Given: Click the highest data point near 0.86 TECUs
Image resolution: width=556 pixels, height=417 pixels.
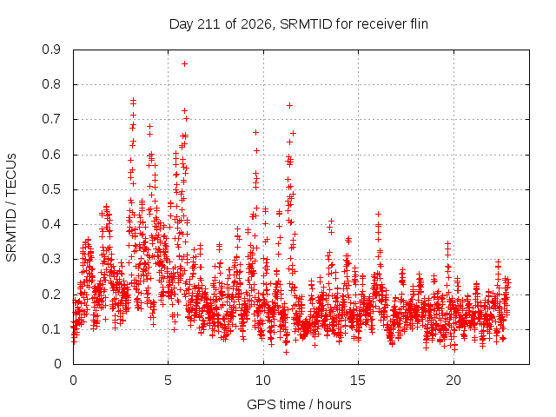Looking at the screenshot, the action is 184,63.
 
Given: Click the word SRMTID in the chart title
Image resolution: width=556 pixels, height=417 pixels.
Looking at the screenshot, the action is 306,24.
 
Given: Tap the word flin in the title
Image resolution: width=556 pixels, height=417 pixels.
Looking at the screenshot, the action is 418,24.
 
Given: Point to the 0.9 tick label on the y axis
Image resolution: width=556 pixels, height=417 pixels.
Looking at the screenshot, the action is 51,50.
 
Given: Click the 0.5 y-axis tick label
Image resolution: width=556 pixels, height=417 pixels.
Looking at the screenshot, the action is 51,189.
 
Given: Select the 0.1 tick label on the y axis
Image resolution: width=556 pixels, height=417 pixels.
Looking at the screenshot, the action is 51,329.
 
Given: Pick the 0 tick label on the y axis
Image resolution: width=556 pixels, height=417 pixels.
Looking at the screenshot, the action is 57,364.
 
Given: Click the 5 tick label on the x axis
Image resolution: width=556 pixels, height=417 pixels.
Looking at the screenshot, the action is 168,381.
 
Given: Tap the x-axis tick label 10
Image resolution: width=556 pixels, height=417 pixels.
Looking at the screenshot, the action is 262,381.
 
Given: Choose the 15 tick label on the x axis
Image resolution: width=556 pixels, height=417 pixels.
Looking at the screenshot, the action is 358,381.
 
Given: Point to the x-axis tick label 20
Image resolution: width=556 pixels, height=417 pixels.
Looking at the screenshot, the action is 453,381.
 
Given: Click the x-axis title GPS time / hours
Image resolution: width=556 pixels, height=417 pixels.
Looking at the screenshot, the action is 299,405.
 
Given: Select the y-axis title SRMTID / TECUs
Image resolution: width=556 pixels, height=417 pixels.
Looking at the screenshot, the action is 11,208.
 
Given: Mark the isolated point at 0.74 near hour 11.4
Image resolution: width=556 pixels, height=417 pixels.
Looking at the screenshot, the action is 289,105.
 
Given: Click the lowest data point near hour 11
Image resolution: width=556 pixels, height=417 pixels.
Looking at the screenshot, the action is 286,352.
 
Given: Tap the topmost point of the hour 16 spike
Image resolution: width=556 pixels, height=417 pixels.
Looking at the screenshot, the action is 379,214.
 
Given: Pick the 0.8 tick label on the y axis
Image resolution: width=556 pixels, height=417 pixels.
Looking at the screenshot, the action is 51,84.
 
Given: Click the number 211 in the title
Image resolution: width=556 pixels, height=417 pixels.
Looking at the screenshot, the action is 210,24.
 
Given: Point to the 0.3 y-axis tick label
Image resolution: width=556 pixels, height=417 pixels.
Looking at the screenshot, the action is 51,259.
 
